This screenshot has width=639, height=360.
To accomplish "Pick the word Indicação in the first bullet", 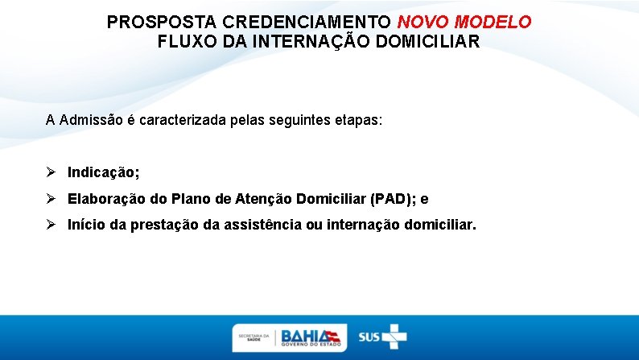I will tap(102, 172).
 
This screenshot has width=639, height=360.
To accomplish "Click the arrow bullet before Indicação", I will tap(52, 172).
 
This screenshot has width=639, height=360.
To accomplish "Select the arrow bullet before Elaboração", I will tap(52, 198).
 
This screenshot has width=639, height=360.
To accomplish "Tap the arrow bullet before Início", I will tap(52, 224).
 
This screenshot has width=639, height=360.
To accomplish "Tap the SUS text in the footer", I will tap(369, 337).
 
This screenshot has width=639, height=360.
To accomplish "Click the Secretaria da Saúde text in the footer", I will tap(254, 337).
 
